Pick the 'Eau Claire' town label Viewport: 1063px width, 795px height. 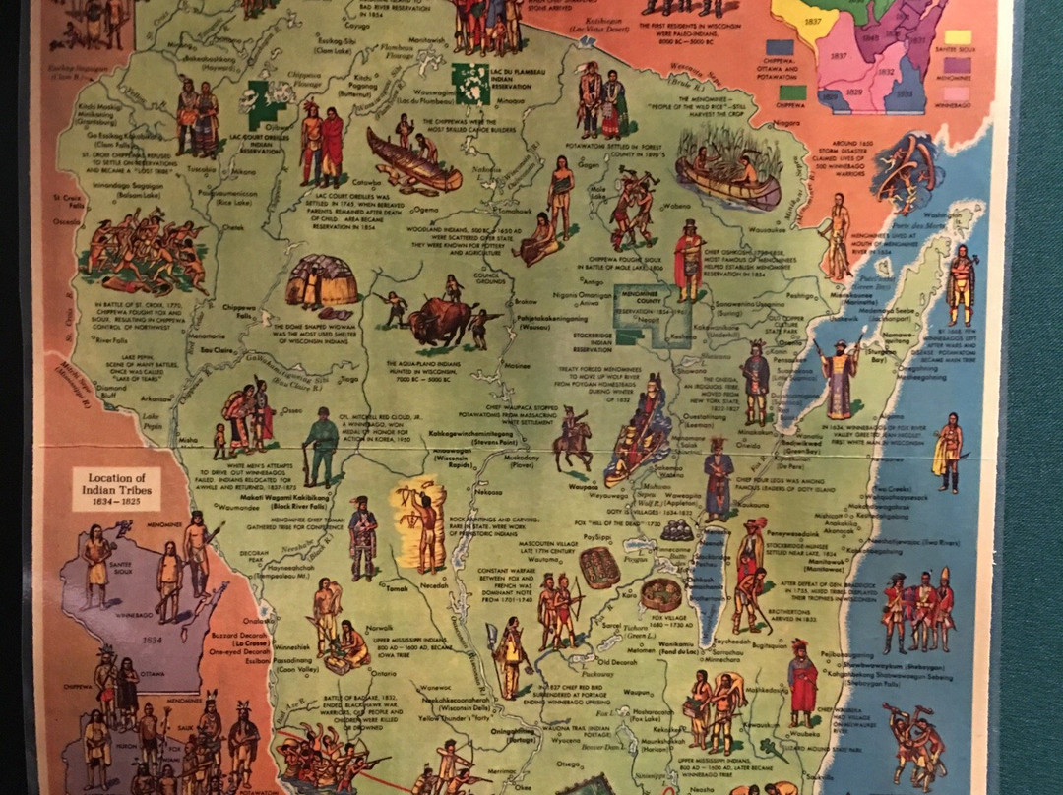click(219, 350)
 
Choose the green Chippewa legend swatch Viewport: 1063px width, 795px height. click(792, 92)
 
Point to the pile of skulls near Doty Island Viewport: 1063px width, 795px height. click(676, 531)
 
